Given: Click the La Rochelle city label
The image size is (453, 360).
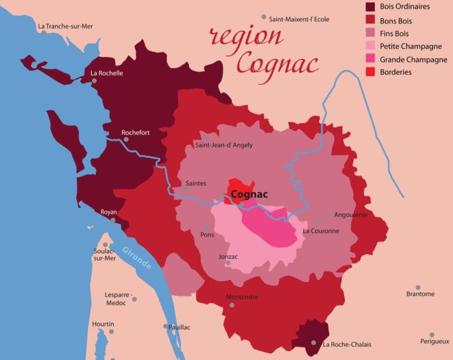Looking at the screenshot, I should point(107,73).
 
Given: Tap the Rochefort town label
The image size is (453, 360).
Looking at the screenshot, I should point(135,133).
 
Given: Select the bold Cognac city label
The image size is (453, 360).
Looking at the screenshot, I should point(250,194).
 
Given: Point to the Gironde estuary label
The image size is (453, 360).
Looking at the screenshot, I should point(137,257).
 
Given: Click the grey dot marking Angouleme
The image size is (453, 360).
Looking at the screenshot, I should point(329,214).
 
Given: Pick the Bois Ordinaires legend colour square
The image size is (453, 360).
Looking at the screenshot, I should point(370,7).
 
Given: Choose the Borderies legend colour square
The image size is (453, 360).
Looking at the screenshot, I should point(370,72).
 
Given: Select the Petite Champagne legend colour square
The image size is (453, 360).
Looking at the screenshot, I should point(370,46).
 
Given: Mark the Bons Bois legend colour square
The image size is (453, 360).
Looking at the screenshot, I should point(370,21).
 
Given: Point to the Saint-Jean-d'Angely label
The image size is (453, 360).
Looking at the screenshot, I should point(224,145).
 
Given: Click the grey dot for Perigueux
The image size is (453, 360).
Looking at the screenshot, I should point(432,335).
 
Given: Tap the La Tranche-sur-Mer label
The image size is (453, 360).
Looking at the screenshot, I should point(65,26).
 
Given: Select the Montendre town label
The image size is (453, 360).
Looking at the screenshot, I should point(242,297).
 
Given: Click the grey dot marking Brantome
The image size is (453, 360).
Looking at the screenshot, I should point(418,287).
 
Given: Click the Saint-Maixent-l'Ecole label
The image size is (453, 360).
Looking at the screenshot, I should point(299,19).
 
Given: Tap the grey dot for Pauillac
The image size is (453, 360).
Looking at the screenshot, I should point(166,326).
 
